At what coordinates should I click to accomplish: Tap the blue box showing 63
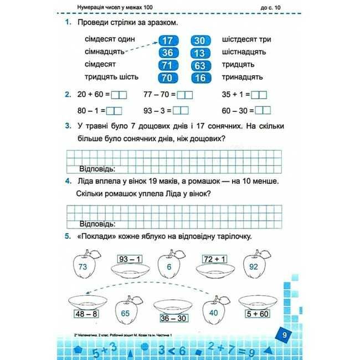point(200,65)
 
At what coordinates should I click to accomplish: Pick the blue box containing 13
point(200,53)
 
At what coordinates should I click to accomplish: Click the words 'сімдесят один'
point(110,40)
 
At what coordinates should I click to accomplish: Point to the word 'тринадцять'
point(242,78)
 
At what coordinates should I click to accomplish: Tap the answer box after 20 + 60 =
point(120,95)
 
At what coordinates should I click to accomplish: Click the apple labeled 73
point(84,267)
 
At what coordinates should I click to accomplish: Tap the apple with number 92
point(254,266)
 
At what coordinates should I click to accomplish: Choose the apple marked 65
point(125,313)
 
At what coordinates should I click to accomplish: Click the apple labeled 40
point(213,312)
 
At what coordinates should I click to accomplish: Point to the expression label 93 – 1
point(130,259)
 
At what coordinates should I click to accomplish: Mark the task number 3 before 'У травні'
point(67,126)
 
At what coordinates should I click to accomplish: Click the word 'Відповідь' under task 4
point(97,224)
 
